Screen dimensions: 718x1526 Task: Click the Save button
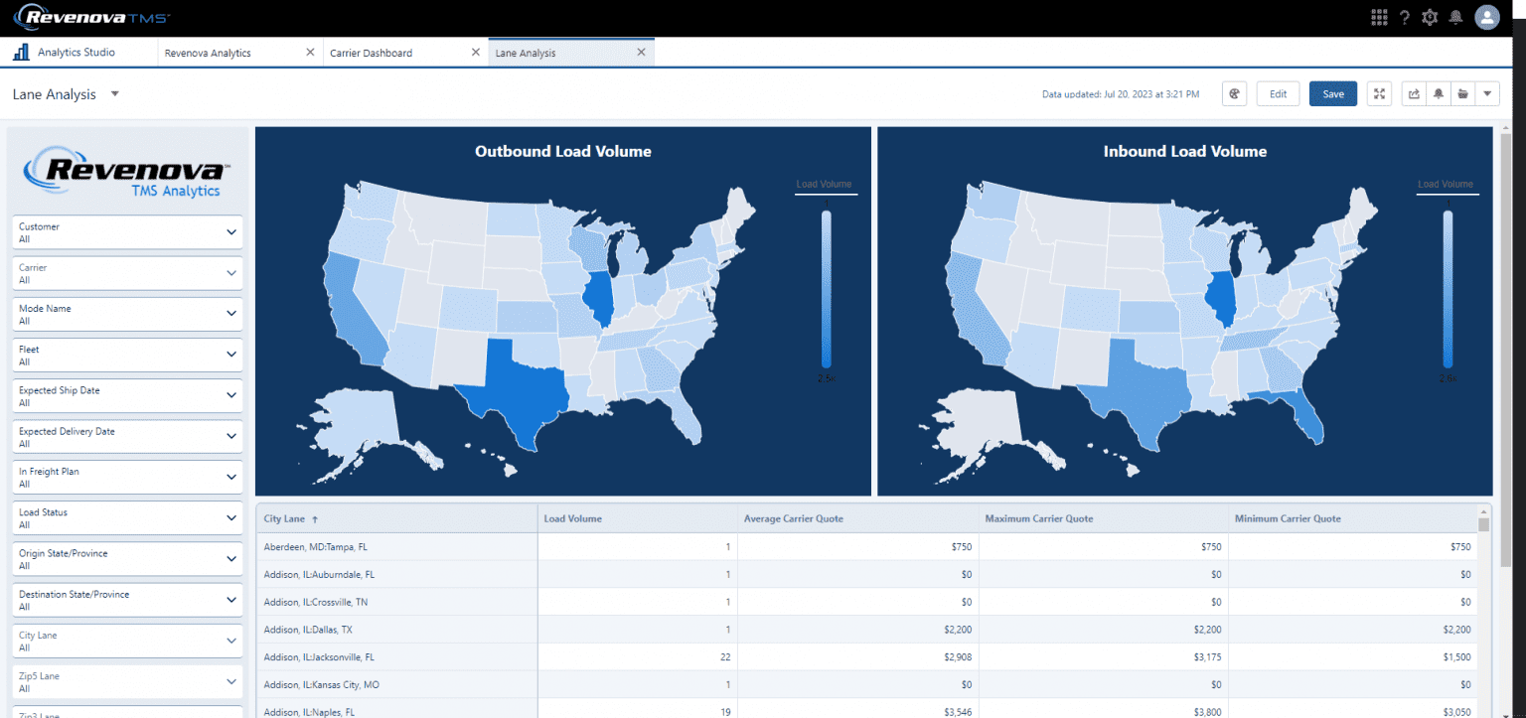coord(1332,94)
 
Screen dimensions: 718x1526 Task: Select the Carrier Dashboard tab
coord(372,53)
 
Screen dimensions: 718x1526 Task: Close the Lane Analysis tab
coord(641,53)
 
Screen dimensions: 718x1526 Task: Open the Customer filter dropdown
coord(126,232)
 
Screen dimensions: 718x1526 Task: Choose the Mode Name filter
coord(126,314)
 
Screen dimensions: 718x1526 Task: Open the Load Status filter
coord(126,518)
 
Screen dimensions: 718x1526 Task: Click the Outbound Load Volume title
coord(562,152)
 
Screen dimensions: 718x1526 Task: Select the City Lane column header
coord(285,518)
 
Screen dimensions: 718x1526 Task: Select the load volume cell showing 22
coord(724,657)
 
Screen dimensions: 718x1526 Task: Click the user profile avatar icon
coord(1486,17)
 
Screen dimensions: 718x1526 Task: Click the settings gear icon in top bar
coord(1430,17)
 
